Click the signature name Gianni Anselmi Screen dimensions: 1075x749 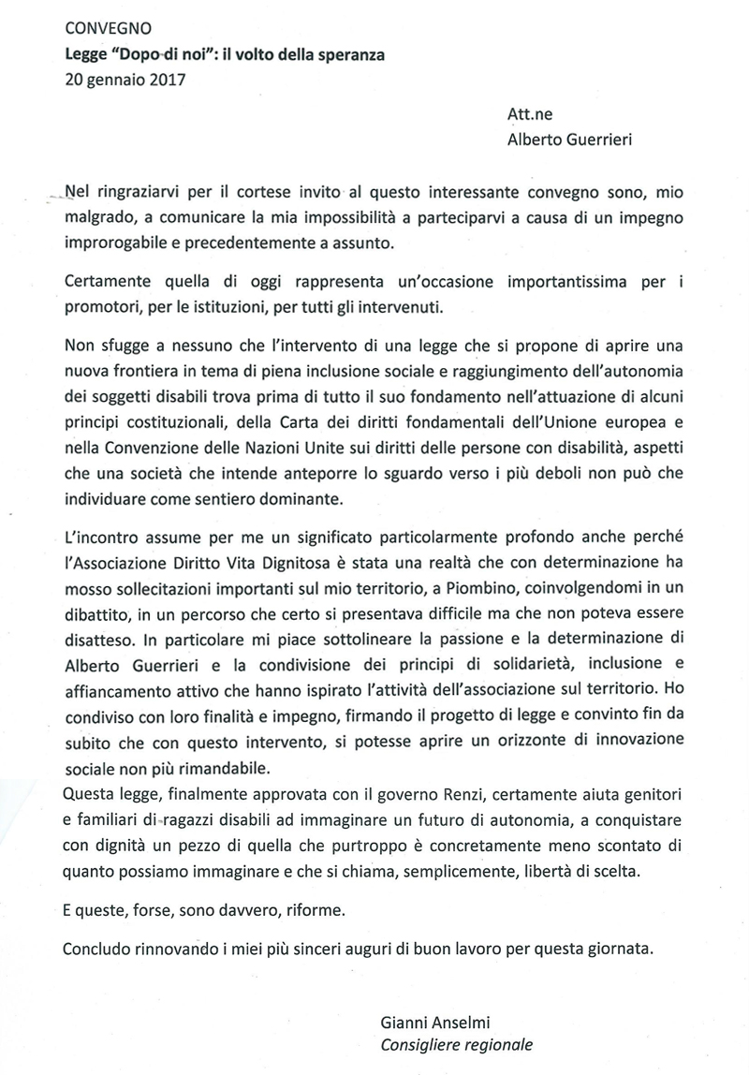click(x=435, y=1019)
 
